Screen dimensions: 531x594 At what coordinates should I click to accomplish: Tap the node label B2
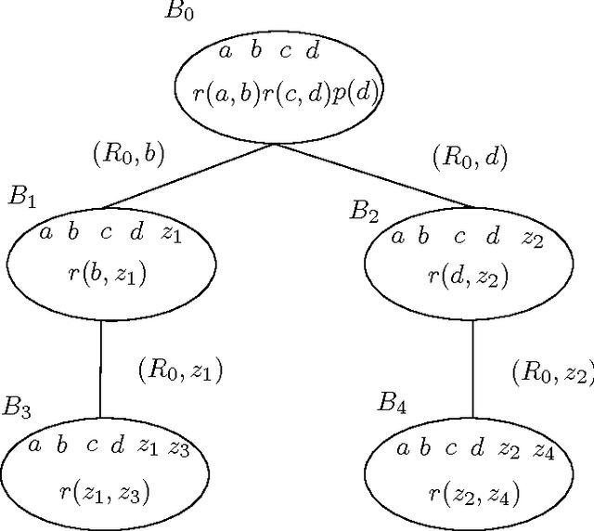coord(364,212)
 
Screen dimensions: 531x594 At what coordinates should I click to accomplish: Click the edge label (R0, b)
coord(129,153)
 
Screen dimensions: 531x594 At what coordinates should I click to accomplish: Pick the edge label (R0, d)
coord(471,158)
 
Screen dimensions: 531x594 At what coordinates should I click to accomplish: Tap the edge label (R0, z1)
coord(180,370)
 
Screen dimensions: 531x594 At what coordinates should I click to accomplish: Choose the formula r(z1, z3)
coord(109,492)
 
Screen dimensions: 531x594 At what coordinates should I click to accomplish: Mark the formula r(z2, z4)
coord(474,494)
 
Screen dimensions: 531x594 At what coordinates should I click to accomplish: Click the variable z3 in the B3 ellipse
coord(179,448)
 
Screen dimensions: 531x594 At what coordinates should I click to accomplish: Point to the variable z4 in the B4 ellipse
coord(545,451)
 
